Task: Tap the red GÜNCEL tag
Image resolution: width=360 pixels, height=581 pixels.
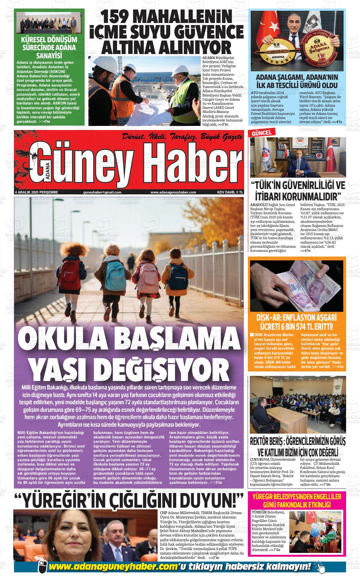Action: coord(261,133)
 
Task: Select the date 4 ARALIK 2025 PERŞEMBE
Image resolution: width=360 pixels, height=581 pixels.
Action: coord(37,192)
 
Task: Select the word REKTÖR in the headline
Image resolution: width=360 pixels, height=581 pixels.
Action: coord(262,441)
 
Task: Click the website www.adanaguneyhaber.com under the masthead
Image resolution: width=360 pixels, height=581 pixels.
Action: coord(173,192)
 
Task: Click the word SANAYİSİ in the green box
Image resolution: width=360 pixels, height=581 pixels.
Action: coord(49,56)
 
